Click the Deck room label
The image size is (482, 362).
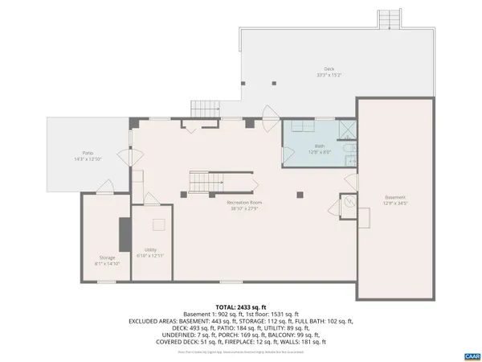click(x=329, y=72)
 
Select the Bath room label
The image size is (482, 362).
click(x=320, y=149)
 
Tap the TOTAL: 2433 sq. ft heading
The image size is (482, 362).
click(x=239, y=307)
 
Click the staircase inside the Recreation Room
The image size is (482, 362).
click(x=206, y=183)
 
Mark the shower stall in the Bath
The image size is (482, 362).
click(x=346, y=130)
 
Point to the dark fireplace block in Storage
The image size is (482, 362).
click(x=125, y=234)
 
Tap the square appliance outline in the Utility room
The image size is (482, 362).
click(x=159, y=226)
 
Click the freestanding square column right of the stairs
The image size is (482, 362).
click(x=300, y=194)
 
